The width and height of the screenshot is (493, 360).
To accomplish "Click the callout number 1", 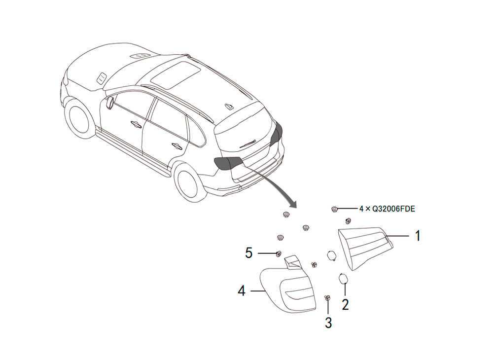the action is click(x=418, y=236).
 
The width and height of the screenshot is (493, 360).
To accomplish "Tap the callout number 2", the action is click(x=345, y=305).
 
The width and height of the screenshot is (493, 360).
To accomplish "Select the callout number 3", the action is click(x=328, y=323).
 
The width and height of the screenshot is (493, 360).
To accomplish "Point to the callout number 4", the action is click(x=242, y=291).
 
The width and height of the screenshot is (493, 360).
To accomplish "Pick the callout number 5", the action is click(x=248, y=253).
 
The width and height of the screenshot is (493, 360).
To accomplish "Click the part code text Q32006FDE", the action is click(x=393, y=209).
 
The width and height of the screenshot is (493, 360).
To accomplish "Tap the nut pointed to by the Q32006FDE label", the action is click(x=335, y=209).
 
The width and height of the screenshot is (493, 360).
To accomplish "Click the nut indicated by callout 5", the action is click(x=278, y=254).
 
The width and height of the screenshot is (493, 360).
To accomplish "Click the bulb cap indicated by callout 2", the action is click(x=343, y=279).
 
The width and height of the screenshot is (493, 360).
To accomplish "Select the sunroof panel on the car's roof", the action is click(x=175, y=75).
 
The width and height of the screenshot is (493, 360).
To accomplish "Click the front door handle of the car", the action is click(x=137, y=124).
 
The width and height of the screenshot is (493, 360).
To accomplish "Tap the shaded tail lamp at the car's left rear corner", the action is click(x=228, y=163).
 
